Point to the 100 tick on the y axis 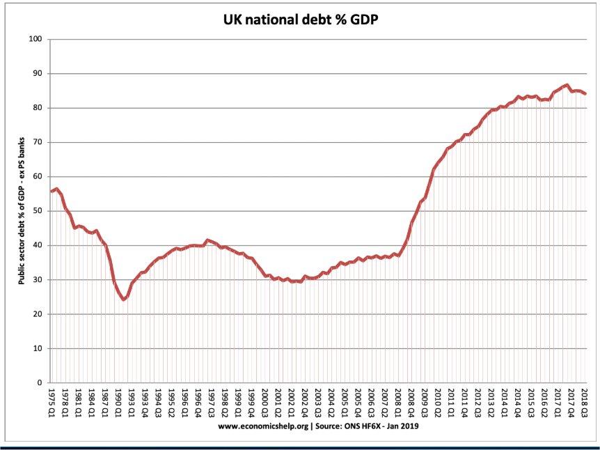coord(37,39)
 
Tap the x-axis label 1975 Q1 coord(52,401)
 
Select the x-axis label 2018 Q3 coord(585,401)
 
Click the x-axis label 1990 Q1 coord(118,401)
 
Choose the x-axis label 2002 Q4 coord(305,401)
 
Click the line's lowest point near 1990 coord(123,300)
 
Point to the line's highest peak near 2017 coord(567,85)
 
